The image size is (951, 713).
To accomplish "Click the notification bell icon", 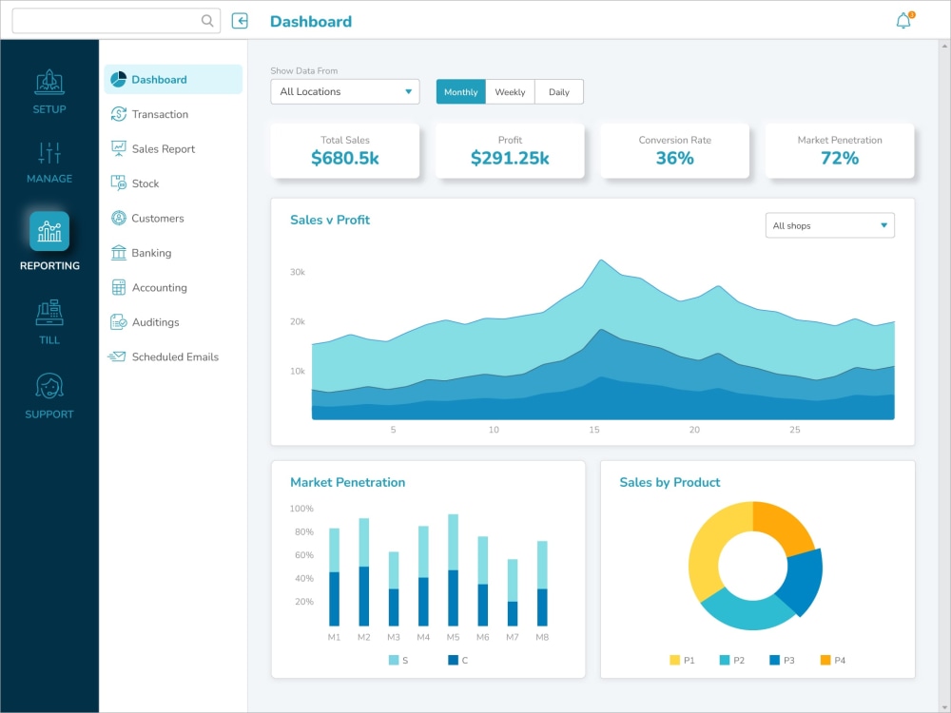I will click(903, 21).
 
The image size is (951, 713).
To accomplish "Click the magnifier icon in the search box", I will click(208, 21).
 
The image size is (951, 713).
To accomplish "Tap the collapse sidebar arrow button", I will click(240, 21).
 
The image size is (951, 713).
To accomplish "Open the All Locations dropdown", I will click(344, 91).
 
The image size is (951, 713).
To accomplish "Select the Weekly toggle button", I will click(510, 92).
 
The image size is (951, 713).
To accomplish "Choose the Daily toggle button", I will click(559, 92).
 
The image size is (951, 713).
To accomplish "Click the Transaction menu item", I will click(160, 114).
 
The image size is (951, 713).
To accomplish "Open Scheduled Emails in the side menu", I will click(175, 356).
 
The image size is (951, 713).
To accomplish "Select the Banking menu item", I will click(151, 253).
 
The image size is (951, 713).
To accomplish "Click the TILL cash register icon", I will click(49, 313).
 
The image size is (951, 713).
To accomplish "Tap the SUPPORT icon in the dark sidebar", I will click(49, 387).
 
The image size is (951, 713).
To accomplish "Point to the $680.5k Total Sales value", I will click(345, 159).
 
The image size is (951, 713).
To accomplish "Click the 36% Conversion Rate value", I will click(674, 159).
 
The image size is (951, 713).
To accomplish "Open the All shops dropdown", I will click(829, 225).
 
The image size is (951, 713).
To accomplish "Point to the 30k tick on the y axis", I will click(298, 272).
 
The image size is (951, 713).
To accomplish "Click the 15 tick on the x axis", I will click(594, 430).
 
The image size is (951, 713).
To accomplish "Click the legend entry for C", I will click(458, 660).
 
